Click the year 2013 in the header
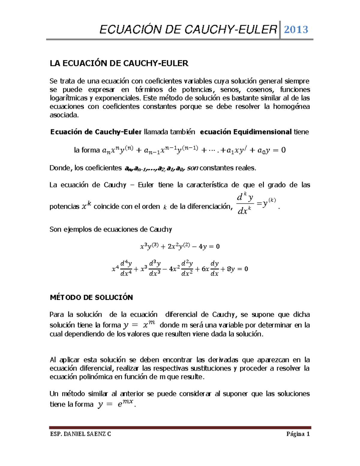click(x=296, y=29)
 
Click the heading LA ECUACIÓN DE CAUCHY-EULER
click(x=119, y=63)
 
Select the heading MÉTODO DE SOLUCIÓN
click(x=91, y=297)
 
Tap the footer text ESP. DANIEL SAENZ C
click(x=80, y=434)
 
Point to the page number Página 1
click(x=298, y=434)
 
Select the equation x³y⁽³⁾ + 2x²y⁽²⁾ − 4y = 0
click(x=180, y=247)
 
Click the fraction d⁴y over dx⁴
click(x=126, y=269)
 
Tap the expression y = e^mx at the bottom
click(x=116, y=404)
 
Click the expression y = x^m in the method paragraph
click(x=139, y=325)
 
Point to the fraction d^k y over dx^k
click(x=244, y=204)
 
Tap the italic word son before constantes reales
click(x=192, y=168)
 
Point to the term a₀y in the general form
click(x=264, y=150)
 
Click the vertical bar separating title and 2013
click(x=280, y=29)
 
